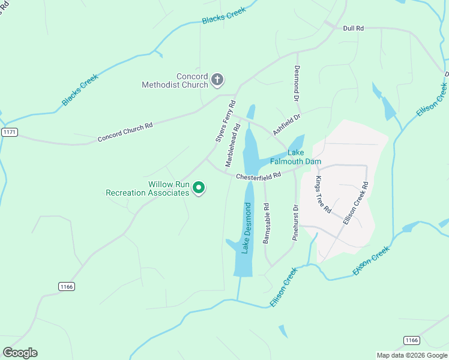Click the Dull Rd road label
[353, 28]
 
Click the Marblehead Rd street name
[233, 145]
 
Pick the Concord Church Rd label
[125, 133]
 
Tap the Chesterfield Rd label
[258, 176]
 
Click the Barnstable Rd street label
[267, 223]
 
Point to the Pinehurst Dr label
[295, 223]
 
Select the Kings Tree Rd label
[323, 194]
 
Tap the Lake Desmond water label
[246, 228]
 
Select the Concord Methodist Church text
[175, 80]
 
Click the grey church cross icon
[217, 79]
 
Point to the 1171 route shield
[8, 132]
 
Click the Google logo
[20, 352]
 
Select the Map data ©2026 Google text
[412, 355]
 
